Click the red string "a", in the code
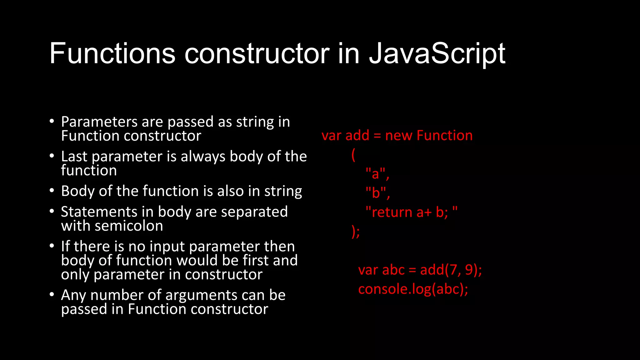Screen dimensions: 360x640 [377, 174]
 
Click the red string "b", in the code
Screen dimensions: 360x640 [377, 193]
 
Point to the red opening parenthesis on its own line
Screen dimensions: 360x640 [353, 155]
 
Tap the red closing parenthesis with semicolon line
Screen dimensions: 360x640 [356, 232]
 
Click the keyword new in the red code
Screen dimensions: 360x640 [399, 136]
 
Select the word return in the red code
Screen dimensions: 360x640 [392, 212]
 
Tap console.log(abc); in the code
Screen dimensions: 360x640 [413, 289]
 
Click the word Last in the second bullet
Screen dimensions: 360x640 [74, 157]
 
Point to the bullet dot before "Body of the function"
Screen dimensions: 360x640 [52, 190]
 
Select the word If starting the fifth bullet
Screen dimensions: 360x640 [65, 247]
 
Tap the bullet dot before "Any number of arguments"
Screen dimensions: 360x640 [52, 294]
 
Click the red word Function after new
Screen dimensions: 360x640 [444, 136]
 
